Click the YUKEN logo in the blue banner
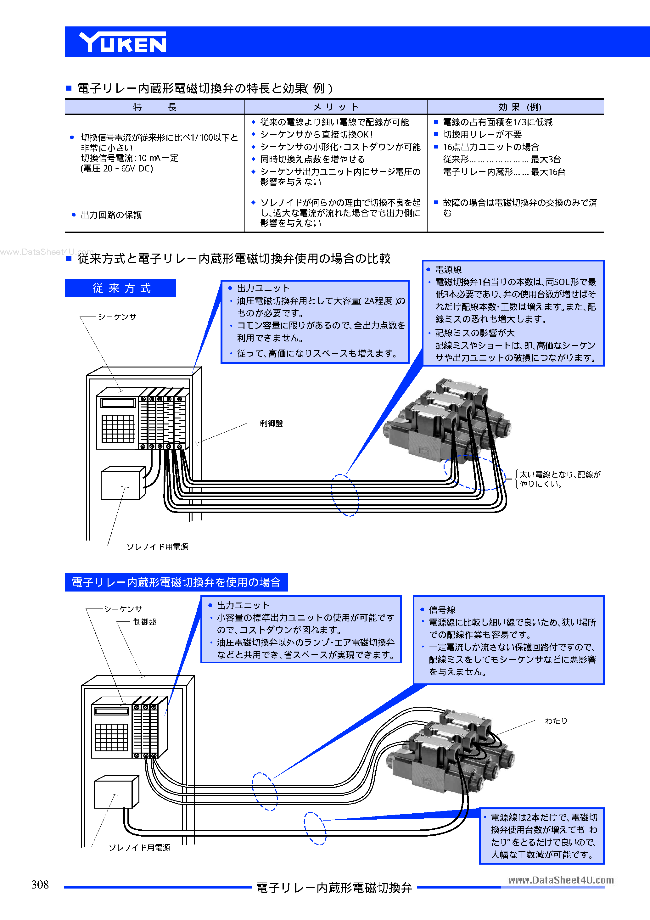click(x=122, y=42)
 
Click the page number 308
click(x=40, y=884)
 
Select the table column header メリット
click(x=335, y=107)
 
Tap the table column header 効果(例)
click(x=519, y=107)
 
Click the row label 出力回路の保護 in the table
click(x=111, y=215)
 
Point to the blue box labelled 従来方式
click(x=120, y=288)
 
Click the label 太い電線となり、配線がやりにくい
click(x=559, y=479)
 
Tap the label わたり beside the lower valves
click(x=556, y=721)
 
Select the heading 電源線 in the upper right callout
click(x=448, y=270)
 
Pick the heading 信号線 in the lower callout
click(x=442, y=609)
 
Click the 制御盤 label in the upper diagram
click(x=271, y=424)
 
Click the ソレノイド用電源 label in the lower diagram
click(x=139, y=847)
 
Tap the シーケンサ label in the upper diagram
click(x=117, y=317)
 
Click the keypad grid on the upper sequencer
click(x=118, y=428)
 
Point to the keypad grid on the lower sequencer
click(x=112, y=737)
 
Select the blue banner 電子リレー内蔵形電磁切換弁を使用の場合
click(x=176, y=582)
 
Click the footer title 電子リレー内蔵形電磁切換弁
click(x=334, y=888)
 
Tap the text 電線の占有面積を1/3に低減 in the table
click(x=497, y=122)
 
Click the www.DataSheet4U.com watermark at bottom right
click(x=561, y=880)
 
